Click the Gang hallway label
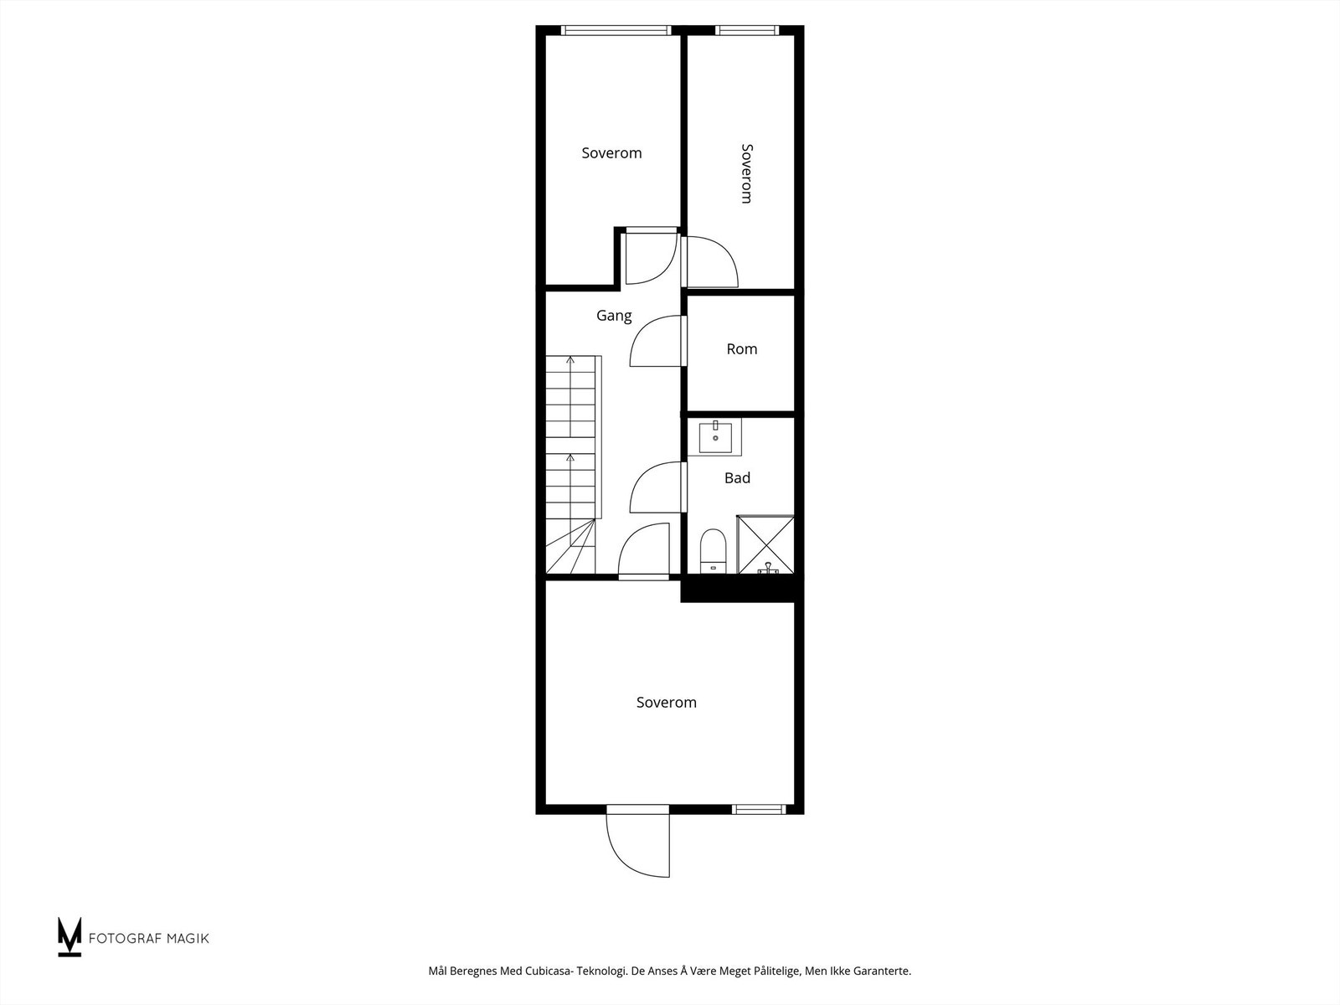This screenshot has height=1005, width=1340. coord(614,316)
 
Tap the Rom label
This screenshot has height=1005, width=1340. coord(741,348)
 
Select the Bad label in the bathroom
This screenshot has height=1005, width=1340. coord(737,477)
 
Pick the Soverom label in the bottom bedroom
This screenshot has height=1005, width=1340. coord(666,702)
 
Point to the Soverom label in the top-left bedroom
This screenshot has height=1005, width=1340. coord(611,152)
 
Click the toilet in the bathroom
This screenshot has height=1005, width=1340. coord(713,550)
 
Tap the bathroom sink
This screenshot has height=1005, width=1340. coord(715,437)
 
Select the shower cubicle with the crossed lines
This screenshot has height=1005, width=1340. coord(765,544)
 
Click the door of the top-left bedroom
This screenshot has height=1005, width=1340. coord(650,256)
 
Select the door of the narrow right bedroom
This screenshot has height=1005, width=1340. coord(712,262)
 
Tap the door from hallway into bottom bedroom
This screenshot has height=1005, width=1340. coord(644,550)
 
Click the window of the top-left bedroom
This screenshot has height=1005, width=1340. coord(616,31)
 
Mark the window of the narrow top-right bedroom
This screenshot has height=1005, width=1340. coord(747,31)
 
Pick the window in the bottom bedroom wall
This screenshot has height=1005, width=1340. coord(759,809)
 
